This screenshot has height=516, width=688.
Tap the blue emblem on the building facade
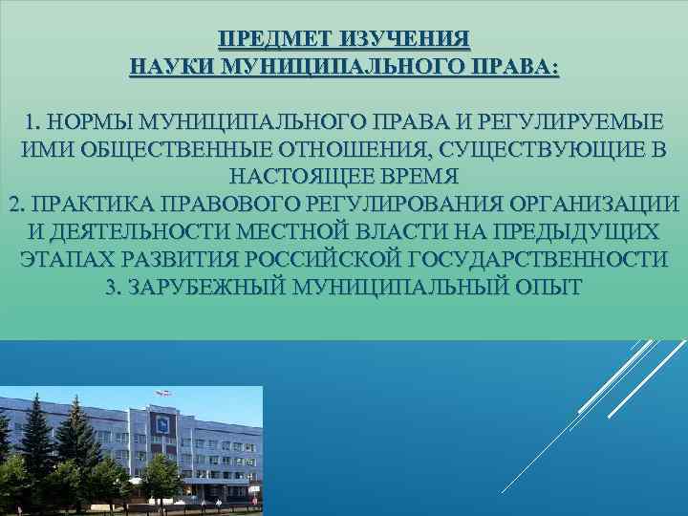click(168, 421)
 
